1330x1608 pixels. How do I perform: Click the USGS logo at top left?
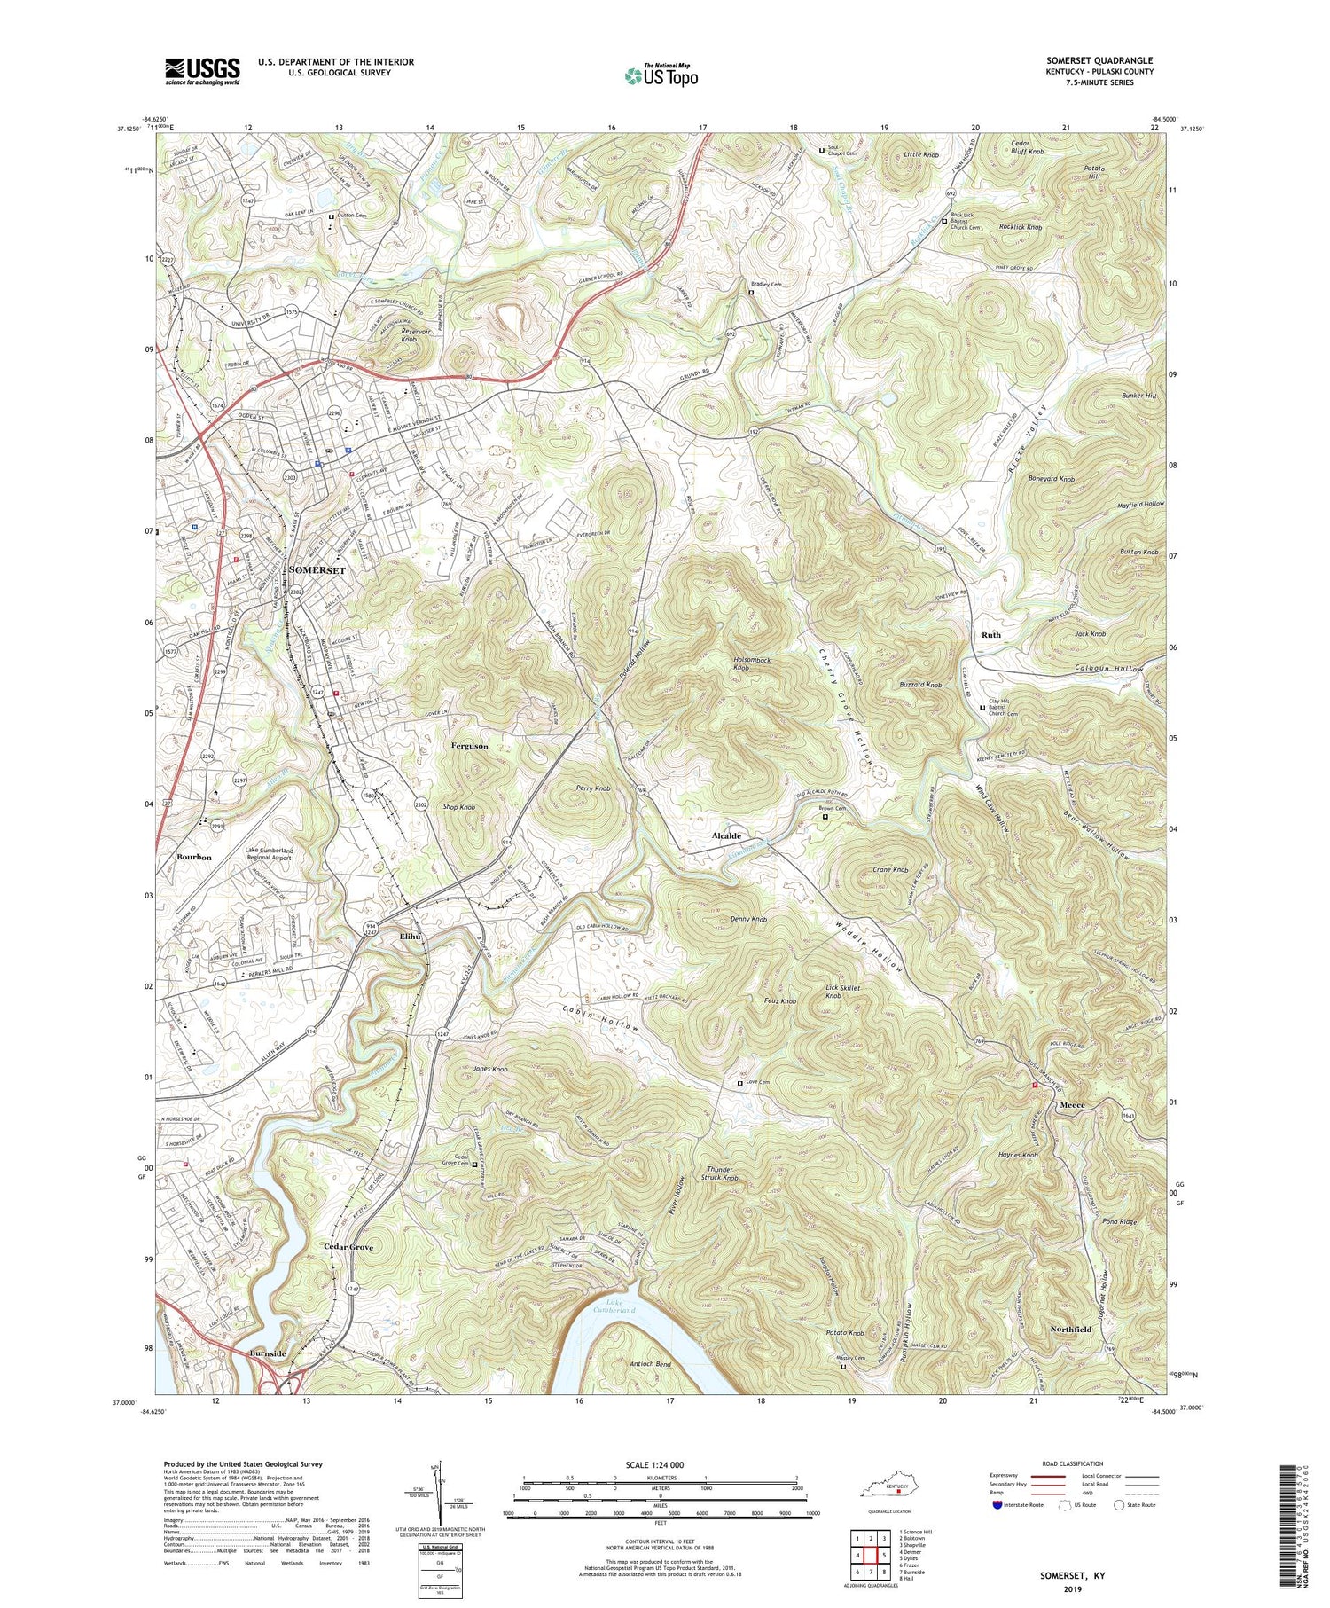tap(202, 71)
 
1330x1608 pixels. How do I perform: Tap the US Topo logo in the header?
tap(661, 76)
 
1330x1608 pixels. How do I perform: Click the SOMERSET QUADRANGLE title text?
tap(1099, 60)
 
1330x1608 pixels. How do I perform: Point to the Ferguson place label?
tap(469, 746)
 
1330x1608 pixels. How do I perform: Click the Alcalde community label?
tap(727, 836)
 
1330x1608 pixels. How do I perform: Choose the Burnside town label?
tap(268, 1353)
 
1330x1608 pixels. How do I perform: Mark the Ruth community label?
tap(990, 634)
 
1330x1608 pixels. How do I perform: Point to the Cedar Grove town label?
tap(348, 1246)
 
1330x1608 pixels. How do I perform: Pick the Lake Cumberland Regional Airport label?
tap(281, 854)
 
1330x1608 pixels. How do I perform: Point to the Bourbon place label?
tap(194, 857)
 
